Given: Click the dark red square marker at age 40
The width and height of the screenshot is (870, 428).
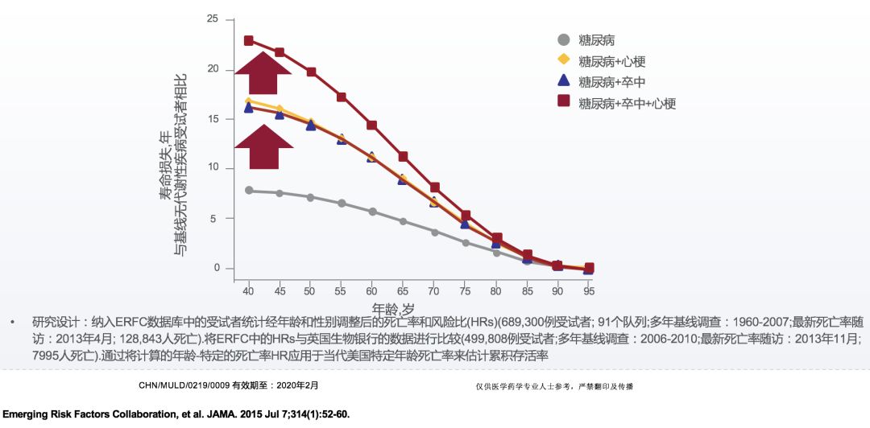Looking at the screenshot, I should (x=249, y=41).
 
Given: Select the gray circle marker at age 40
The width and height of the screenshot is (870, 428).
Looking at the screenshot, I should (x=249, y=191).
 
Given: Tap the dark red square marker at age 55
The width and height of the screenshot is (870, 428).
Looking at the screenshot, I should (x=342, y=97).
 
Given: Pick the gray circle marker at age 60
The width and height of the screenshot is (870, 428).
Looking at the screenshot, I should (x=372, y=212).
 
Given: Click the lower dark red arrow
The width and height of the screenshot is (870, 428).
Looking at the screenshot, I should (x=263, y=147).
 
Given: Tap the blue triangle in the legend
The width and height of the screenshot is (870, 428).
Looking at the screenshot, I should (x=564, y=80).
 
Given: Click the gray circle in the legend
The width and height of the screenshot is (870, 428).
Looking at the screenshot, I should (x=564, y=39).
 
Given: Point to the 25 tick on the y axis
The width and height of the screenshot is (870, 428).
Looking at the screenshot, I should (x=213, y=19).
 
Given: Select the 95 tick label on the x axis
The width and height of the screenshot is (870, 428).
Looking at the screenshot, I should (x=589, y=290).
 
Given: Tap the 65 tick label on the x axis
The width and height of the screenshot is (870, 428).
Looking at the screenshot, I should (x=403, y=290).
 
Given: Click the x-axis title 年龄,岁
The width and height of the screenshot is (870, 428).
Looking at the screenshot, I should (x=393, y=309).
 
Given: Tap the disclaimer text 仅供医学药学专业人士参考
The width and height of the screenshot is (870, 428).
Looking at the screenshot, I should (x=524, y=387).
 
